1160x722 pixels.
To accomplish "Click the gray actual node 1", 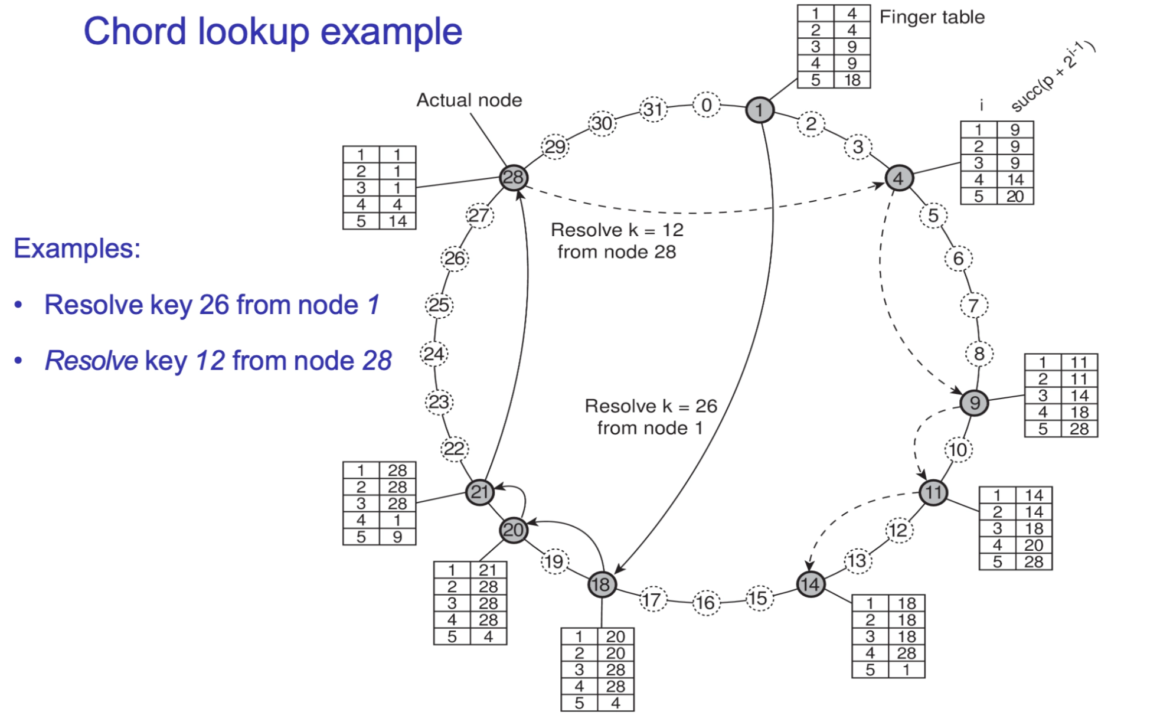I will (759, 110).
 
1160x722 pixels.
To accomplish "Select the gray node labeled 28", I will (513, 177).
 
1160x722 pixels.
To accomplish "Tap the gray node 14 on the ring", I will (810, 584).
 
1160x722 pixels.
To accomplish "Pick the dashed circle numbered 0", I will (706, 105).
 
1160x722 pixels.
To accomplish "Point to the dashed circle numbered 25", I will (439, 305).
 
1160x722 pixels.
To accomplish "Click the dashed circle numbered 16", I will (706, 603).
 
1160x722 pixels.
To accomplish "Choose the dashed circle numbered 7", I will (973, 306).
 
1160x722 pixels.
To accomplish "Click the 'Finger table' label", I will (932, 17).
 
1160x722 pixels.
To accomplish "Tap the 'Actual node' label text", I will (469, 100).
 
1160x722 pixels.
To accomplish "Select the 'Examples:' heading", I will (77, 248).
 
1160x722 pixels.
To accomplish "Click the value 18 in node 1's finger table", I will (852, 80).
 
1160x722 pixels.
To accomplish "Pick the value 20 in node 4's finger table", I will (1015, 196).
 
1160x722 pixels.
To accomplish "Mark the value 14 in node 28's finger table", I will (397, 221).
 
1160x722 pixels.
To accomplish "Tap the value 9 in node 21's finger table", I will (397, 537).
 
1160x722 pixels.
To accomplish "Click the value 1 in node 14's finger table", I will (906, 669).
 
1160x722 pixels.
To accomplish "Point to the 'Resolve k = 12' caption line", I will (617, 230).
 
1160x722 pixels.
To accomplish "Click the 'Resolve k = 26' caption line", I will (651, 406).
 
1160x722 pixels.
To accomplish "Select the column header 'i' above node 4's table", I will (981, 106).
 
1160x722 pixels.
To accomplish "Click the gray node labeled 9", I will (974, 403).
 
